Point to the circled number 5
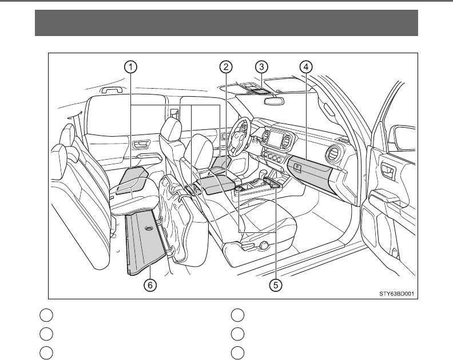pyautogui.click(x=277, y=284)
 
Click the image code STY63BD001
pyautogui.click(x=396, y=294)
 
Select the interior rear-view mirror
pyautogui.click(x=274, y=99)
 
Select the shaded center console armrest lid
pyautogui.click(x=214, y=184)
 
